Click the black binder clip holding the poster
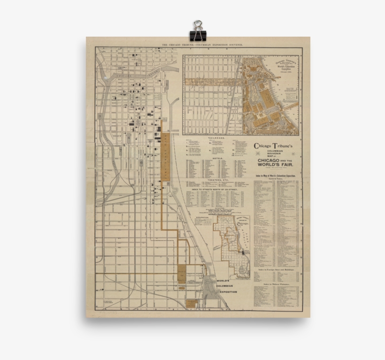(197, 31)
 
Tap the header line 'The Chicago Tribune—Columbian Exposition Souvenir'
(201, 45)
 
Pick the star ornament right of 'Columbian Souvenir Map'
(293, 153)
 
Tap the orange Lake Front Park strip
(166, 160)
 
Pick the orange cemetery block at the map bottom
(191, 303)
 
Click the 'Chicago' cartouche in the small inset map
(243, 224)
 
